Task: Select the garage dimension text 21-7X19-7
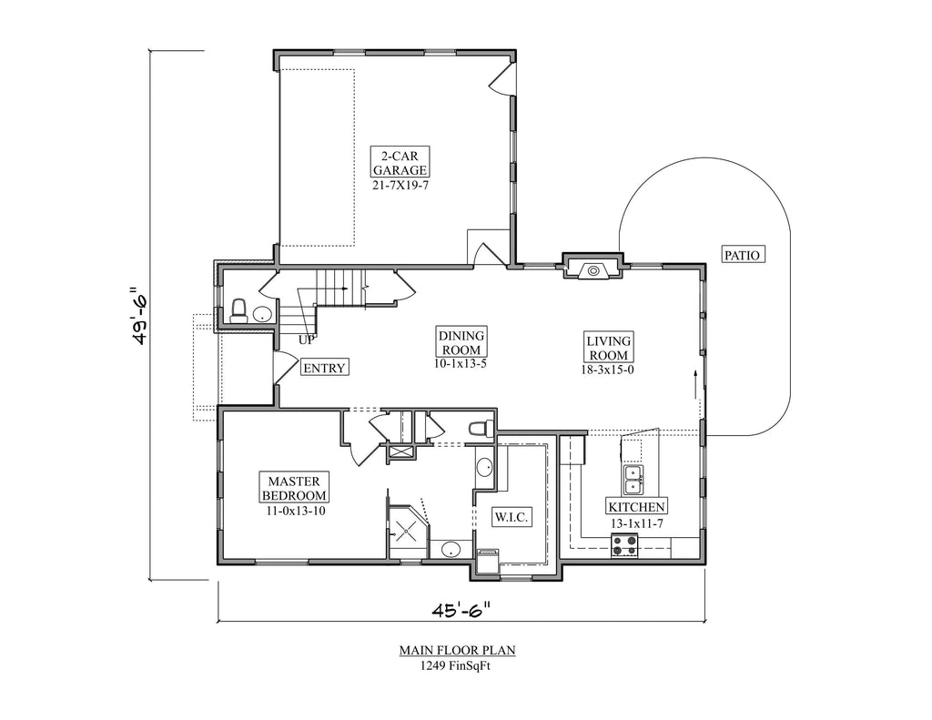tap(399, 185)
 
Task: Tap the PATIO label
tap(741, 255)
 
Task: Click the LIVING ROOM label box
tap(609, 347)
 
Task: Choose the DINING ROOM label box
tap(461, 342)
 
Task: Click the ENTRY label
tap(324, 368)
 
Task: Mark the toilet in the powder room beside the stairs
tap(238, 311)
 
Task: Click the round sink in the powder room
tap(261, 315)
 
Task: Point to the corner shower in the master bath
tap(407, 529)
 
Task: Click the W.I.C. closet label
tap(511, 517)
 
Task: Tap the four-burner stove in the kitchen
tap(624, 544)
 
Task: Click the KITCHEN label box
tap(637, 507)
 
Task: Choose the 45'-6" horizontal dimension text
tap(460, 608)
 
